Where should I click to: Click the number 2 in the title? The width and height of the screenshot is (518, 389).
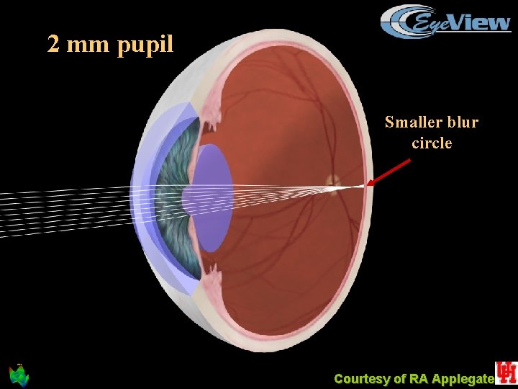[x=53, y=45]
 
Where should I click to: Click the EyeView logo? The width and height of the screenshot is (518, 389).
[x=446, y=21]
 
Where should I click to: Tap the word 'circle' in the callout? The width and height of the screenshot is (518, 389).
[x=432, y=143]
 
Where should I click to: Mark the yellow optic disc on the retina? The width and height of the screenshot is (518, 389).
[x=332, y=180]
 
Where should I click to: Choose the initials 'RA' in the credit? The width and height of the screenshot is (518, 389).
[x=419, y=379]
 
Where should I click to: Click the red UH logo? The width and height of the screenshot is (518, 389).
[x=506, y=372]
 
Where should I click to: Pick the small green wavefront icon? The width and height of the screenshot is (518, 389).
[x=18, y=375]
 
